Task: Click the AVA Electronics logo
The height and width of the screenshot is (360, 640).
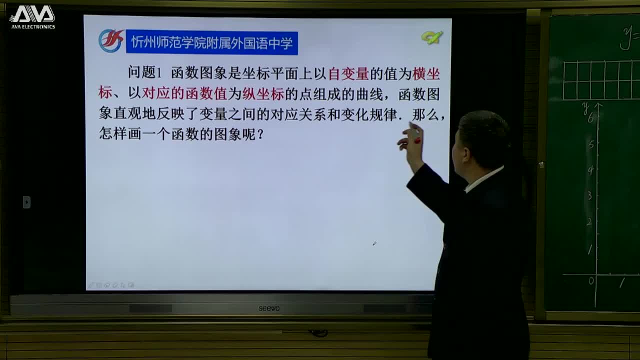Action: (32, 17)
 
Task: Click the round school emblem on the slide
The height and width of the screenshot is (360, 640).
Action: (110, 41)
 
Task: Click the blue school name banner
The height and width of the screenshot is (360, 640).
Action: (211, 43)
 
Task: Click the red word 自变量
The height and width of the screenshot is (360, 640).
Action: (348, 74)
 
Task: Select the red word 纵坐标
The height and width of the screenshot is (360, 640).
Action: (263, 94)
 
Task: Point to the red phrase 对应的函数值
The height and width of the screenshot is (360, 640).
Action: (185, 94)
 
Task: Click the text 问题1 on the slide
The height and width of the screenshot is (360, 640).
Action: (145, 73)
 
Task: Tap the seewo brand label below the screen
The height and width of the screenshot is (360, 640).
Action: (269, 308)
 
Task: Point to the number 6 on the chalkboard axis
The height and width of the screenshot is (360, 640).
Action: (590, 118)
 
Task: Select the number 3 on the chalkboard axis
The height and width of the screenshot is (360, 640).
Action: (590, 195)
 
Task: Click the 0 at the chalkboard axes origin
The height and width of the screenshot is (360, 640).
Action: (591, 281)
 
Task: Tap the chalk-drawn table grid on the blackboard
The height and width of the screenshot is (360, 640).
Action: (600, 80)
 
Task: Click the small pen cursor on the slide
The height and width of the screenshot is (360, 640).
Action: (374, 243)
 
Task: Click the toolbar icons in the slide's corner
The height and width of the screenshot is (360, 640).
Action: (111, 285)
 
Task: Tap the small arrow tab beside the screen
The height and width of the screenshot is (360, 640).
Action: (27, 202)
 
